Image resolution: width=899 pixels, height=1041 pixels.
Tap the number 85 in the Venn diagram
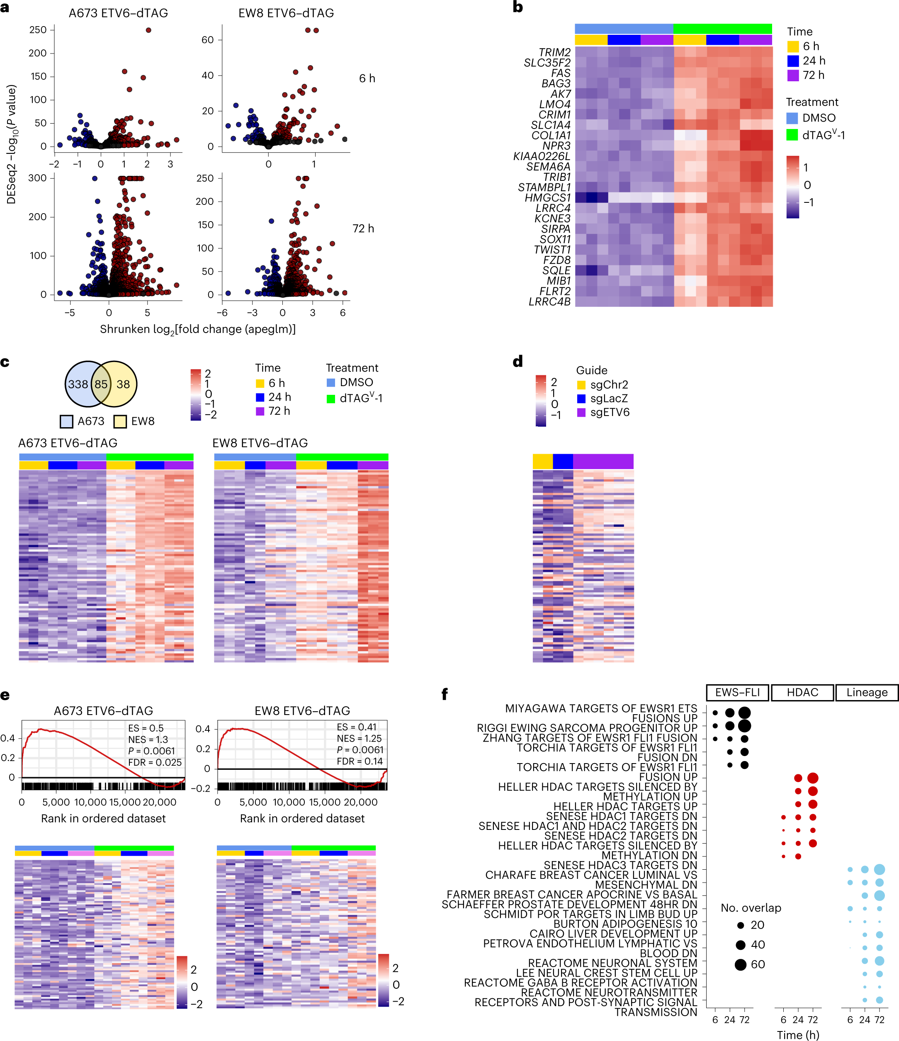click(101, 384)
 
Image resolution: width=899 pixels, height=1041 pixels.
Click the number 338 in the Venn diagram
click(78, 384)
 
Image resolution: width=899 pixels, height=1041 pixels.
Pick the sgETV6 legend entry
click(609, 413)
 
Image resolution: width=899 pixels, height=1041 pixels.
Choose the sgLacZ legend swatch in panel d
click(581, 399)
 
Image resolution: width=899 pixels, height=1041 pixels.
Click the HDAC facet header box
click(802, 692)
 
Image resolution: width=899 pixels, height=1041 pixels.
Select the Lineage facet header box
click(866, 692)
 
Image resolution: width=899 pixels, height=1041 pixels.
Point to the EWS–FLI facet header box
click(737, 692)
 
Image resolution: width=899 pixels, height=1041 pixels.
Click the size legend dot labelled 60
click(740, 965)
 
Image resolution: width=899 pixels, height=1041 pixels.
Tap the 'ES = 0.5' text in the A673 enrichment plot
click(146, 728)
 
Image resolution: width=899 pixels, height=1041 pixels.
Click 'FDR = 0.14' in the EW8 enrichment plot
click(360, 761)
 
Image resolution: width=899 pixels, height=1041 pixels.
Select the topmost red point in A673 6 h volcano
click(148, 30)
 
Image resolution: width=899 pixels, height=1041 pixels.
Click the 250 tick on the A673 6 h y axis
click(38, 30)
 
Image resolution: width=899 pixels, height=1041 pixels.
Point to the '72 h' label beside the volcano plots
click(363, 229)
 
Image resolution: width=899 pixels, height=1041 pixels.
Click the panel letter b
click(518, 7)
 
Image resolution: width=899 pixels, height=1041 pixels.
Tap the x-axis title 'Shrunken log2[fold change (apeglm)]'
click(197, 330)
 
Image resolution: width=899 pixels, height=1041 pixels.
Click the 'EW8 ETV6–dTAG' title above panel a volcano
click(286, 13)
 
